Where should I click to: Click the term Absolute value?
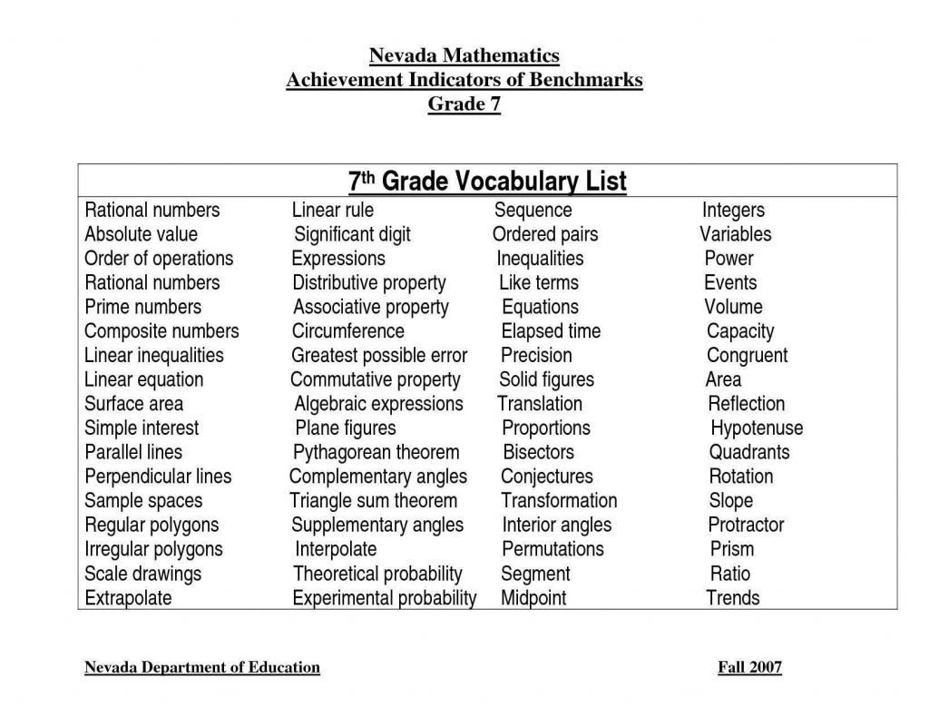point(141,234)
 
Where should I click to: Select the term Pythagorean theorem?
point(376,452)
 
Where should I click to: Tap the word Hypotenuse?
point(757,428)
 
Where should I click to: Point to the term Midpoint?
point(533,598)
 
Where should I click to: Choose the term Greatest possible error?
point(379,356)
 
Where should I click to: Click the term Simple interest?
point(142,428)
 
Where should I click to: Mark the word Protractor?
point(746,525)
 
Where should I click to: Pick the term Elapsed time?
point(551,331)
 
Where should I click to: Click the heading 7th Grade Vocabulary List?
point(487,182)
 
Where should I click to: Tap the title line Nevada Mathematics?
point(464,56)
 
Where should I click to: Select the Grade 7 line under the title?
point(464,103)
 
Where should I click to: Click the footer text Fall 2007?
point(749,668)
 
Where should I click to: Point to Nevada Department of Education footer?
point(202,668)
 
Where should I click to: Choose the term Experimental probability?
point(384,598)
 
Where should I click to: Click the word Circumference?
point(347,331)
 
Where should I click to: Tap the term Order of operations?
point(159,259)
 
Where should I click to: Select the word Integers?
point(733,211)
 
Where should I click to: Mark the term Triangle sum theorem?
point(373,501)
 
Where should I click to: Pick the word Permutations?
point(553,549)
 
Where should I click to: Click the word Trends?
point(733,598)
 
